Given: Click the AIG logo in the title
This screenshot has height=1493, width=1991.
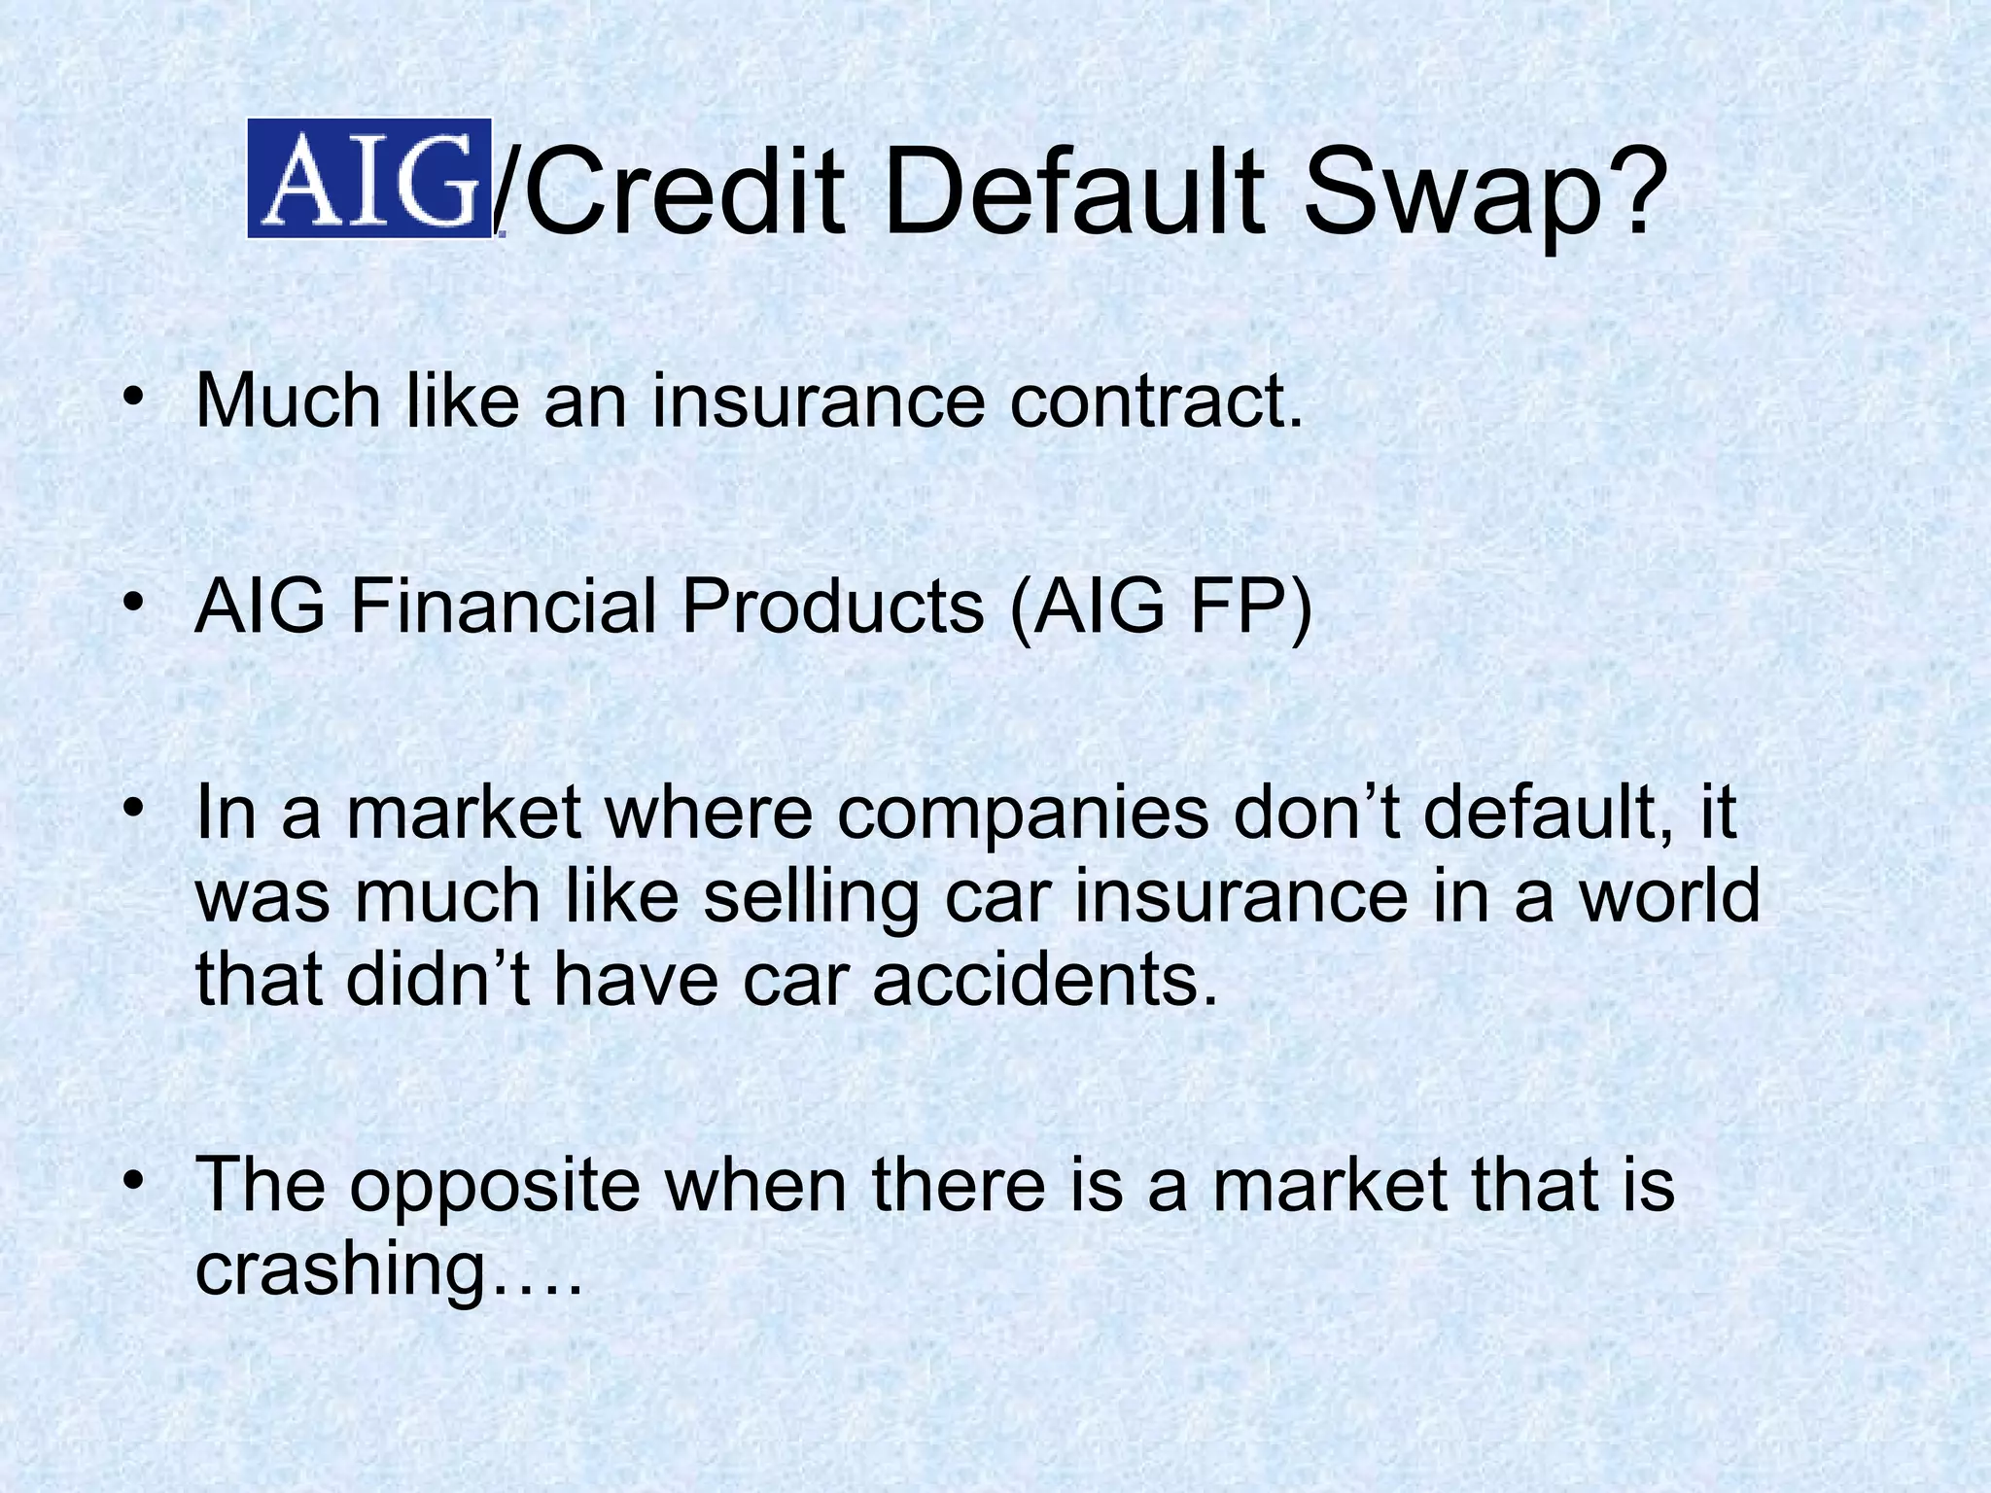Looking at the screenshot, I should tap(368, 178).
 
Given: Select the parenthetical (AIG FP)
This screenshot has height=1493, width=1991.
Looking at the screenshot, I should tap(1161, 608).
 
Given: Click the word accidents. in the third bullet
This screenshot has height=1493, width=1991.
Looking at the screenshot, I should tap(1044, 980).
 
